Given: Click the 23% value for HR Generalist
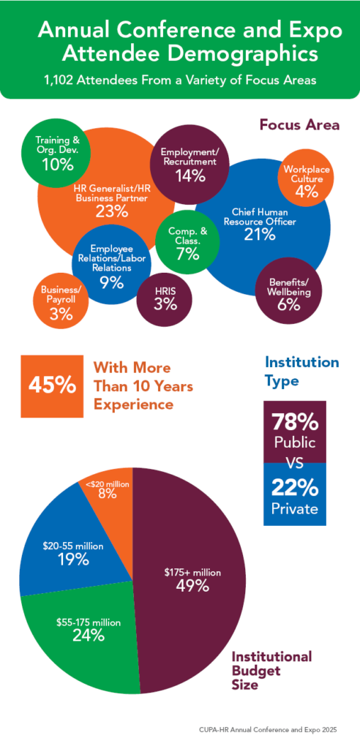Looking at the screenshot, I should pyautogui.click(x=112, y=211).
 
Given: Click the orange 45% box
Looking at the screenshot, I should pyautogui.click(x=50, y=384).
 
